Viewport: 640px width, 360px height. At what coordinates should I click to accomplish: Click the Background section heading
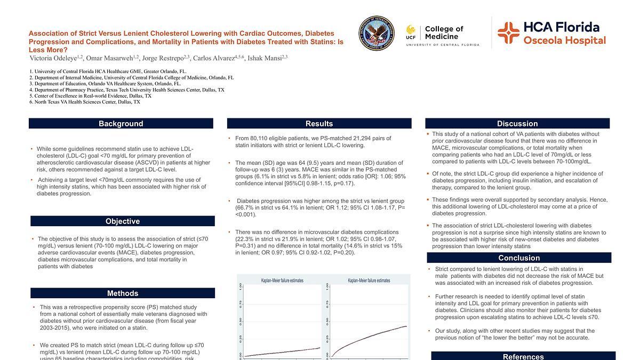point(121,124)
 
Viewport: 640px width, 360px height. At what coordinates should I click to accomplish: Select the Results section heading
point(319,124)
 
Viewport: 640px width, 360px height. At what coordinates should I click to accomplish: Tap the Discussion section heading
point(517,124)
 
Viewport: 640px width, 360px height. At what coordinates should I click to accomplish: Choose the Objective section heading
point(123,221)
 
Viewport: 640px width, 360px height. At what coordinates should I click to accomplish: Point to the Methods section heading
point(123,293)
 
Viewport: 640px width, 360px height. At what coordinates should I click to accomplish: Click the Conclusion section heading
point(519,258)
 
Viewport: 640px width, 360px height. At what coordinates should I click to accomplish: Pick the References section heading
point(523,356)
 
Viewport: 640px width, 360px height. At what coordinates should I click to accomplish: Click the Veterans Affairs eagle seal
point(377,33)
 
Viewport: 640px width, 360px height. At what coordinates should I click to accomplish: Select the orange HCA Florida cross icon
point(508,33)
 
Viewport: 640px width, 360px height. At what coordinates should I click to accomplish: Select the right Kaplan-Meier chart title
point(369,280)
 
